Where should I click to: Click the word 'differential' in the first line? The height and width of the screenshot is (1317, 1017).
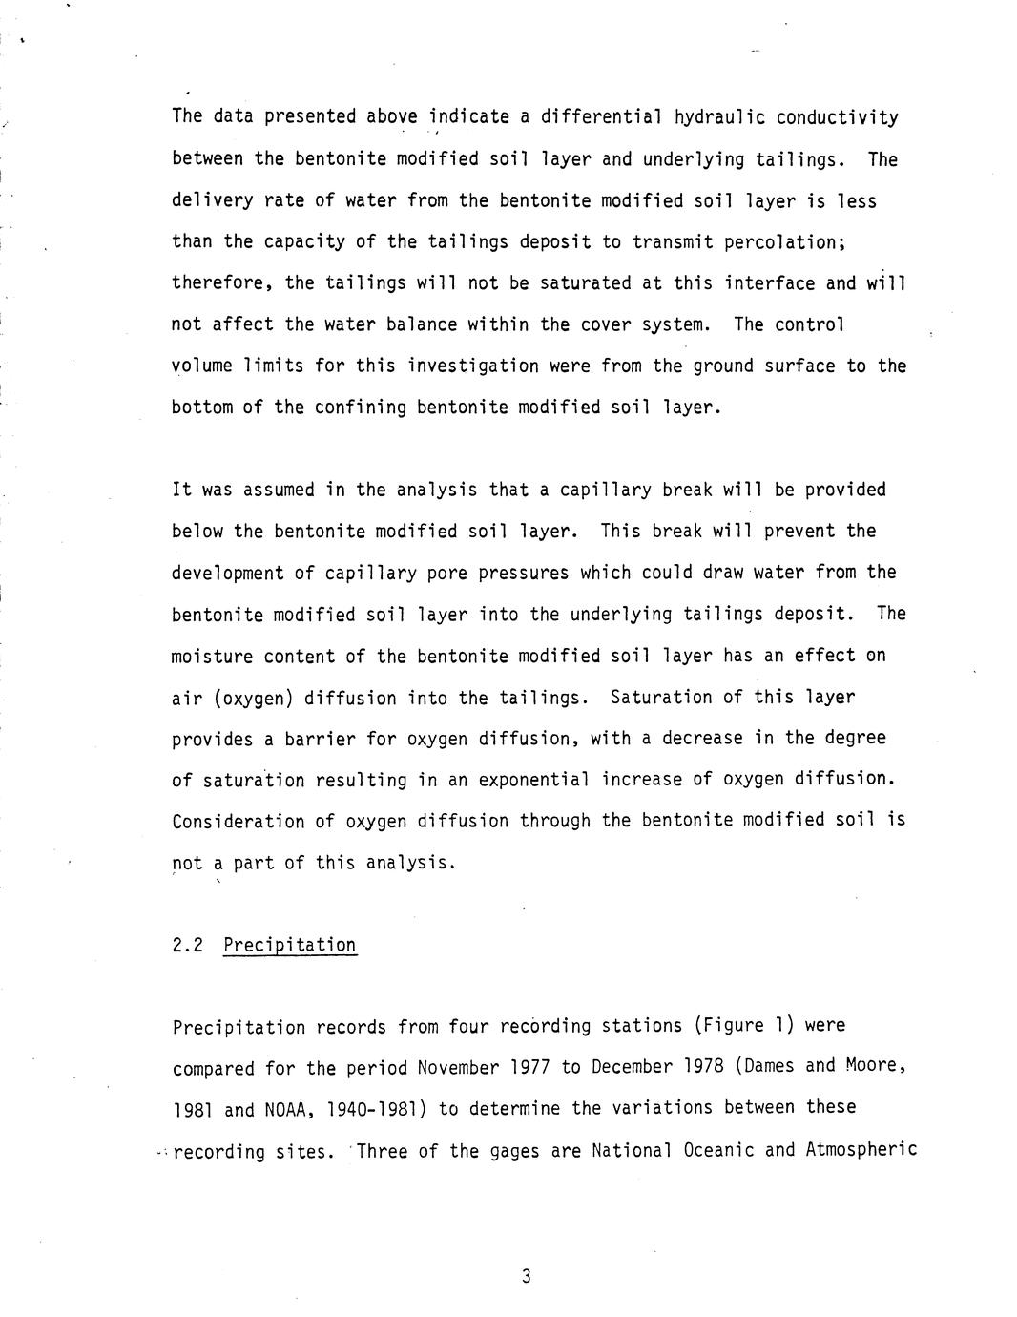pos(602,117)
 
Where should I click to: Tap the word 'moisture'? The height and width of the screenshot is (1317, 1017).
pos(212,656)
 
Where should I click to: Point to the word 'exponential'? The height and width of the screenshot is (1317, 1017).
pos(534,780)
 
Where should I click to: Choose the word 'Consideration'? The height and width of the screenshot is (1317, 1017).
pos(239,821)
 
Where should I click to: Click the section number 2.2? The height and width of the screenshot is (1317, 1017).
pos(188,946)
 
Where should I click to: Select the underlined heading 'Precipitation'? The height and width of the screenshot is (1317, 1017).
pos(290,946)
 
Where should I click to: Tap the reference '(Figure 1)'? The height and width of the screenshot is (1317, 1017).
pos(744,1026)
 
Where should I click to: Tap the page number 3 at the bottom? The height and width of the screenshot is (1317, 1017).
pos(526,1277)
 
